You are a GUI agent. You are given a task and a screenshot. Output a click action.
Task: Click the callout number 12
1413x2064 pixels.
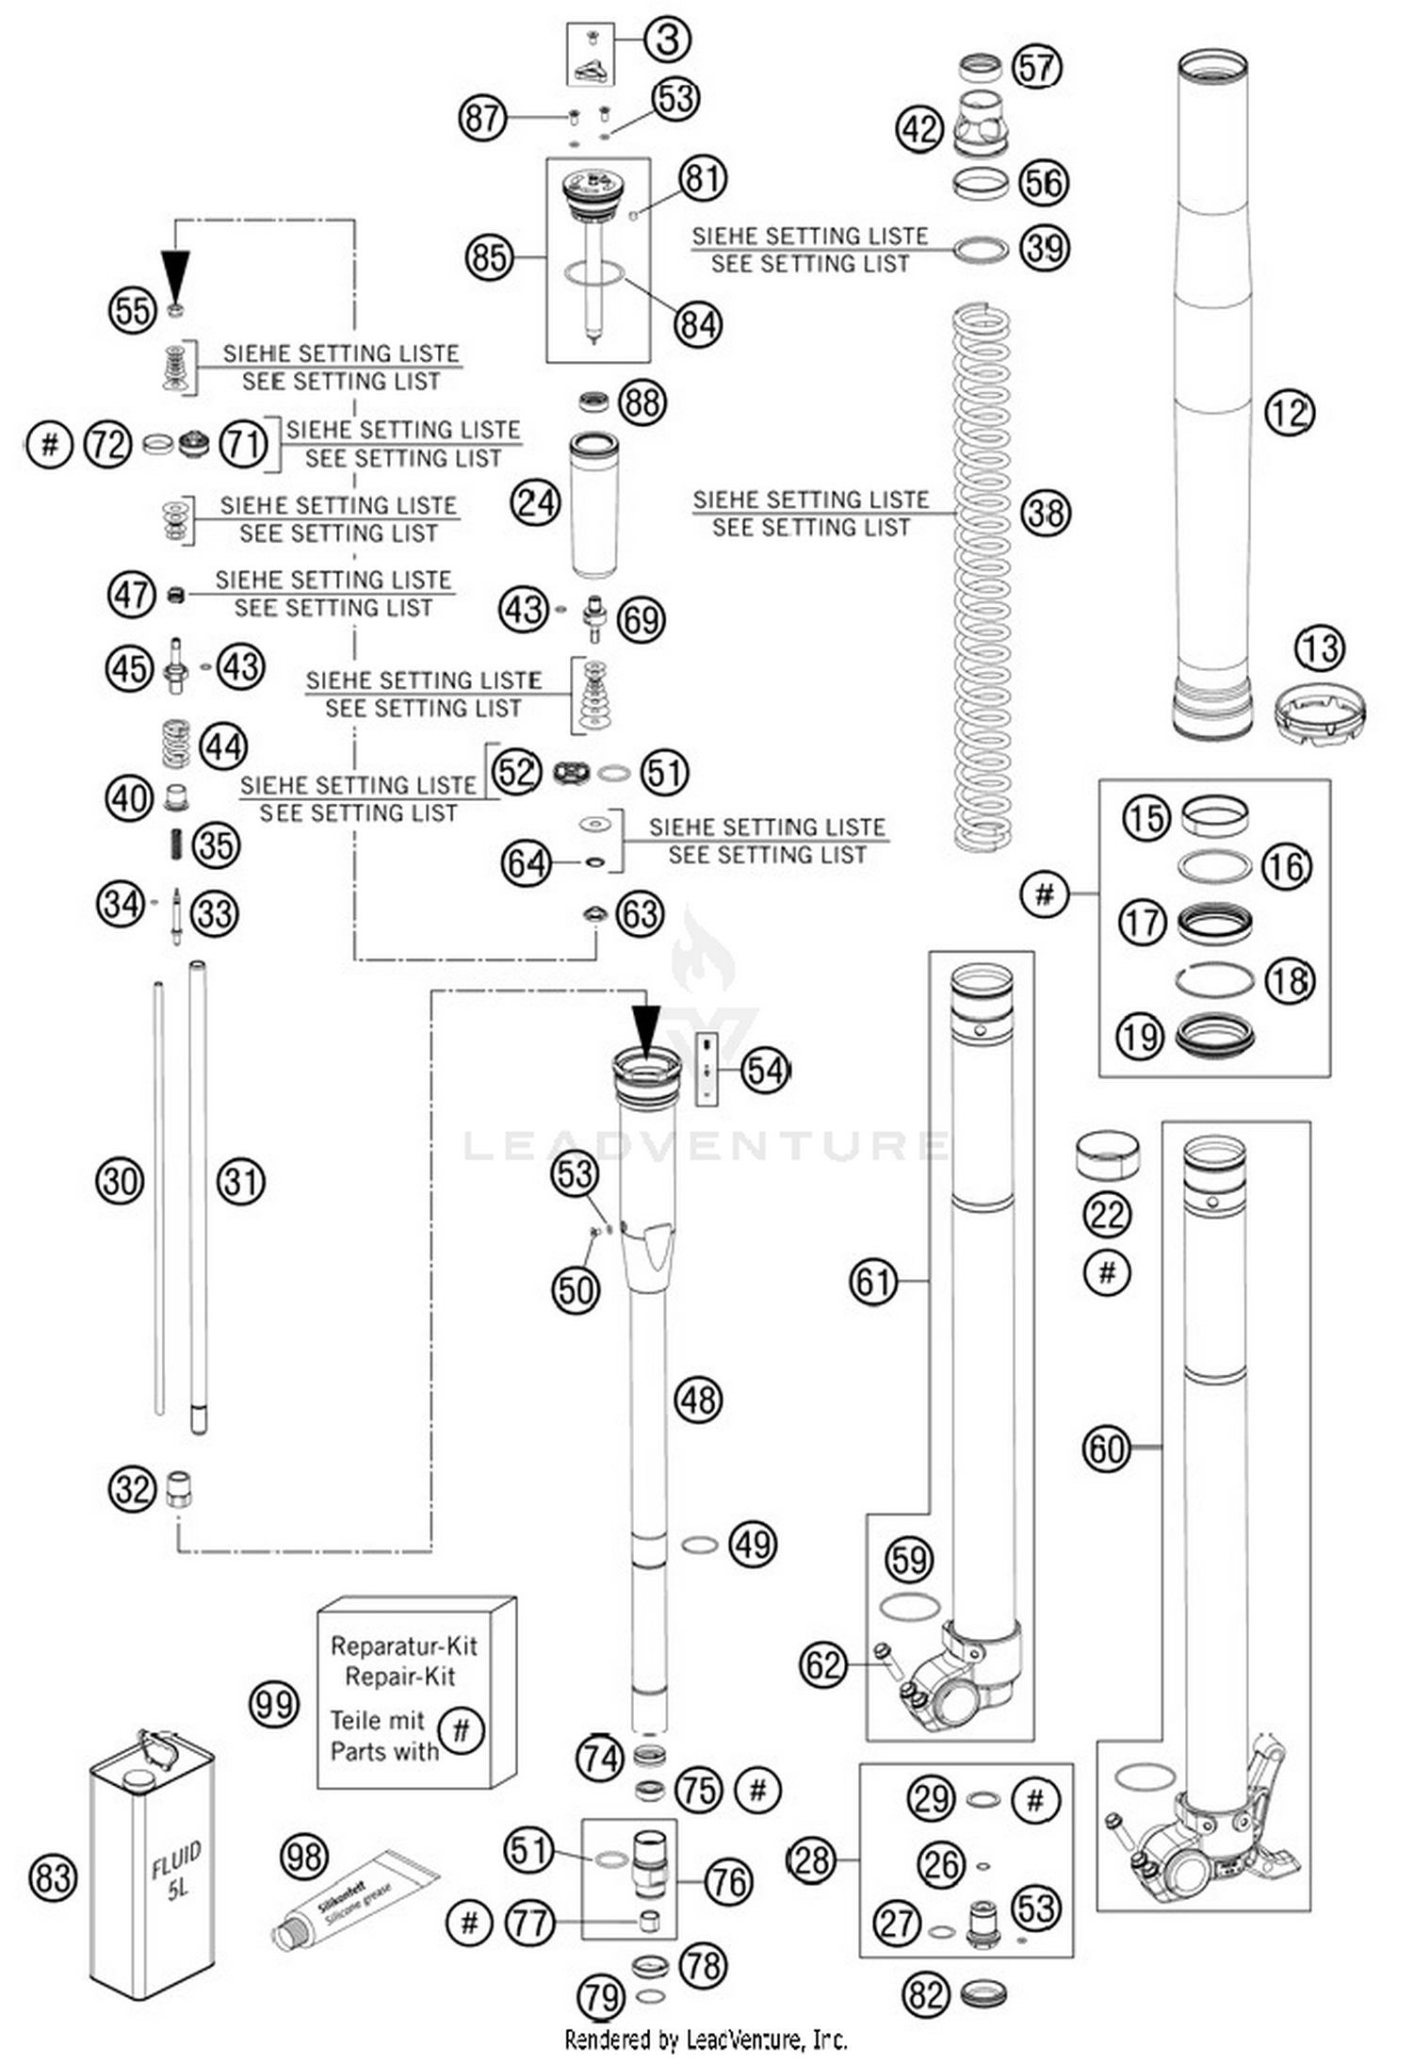[1289, 412]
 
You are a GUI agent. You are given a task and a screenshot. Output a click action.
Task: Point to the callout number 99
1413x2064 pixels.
[274, 1704]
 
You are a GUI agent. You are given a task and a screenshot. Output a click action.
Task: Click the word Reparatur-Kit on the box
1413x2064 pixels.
[404, 1646]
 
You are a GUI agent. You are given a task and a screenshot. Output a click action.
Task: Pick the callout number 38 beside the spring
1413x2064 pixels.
[1046, 514]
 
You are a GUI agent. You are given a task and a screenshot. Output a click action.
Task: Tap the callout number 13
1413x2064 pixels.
[1320, 648]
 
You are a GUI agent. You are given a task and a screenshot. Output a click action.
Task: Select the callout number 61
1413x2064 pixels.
[873, 1282]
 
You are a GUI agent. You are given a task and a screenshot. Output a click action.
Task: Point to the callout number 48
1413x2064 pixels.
[698, 1400]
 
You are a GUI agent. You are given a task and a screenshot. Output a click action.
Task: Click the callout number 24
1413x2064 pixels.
[535, 502]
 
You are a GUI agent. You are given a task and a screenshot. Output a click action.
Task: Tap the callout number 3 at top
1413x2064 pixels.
[667, 41]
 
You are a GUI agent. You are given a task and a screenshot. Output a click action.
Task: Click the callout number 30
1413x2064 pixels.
[120, 1181]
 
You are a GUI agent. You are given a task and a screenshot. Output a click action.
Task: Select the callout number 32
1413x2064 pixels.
[132, 1489]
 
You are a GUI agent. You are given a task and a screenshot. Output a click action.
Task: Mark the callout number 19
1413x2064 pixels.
[1140, 1037]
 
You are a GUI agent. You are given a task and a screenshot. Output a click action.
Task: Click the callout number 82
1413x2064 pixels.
[926, 1994]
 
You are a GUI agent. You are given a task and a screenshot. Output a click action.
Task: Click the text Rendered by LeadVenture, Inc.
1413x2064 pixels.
[706, 2039]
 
